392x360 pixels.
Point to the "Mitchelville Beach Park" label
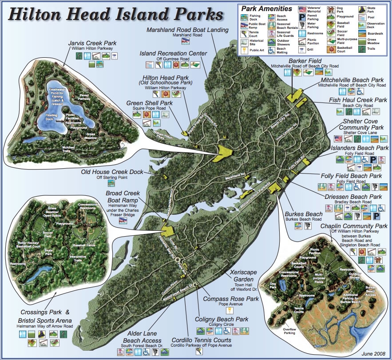352,80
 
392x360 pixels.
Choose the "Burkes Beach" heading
304,214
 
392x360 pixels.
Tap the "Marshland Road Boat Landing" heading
187,30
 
